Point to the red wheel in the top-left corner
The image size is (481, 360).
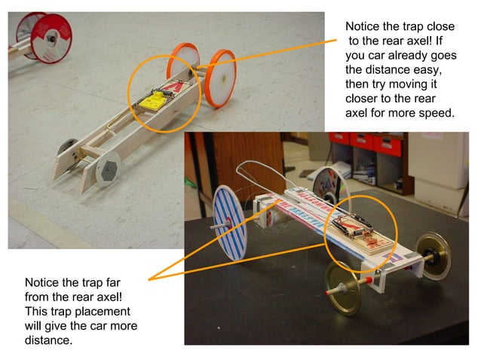click(x=36, y=38)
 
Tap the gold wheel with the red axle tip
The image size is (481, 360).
click(x=345, y=288)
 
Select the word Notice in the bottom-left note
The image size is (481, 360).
click(x=43, y=283)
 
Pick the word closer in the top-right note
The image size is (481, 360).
click(x=363, y=99)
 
